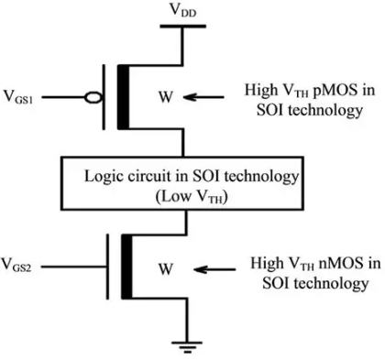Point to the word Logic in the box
102,174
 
